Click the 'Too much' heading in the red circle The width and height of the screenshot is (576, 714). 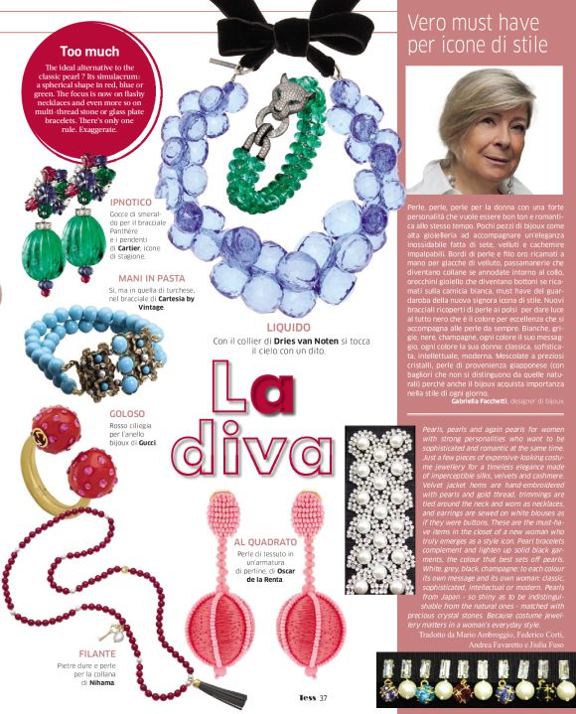pos(89,51)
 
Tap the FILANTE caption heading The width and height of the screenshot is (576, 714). pos(95,653)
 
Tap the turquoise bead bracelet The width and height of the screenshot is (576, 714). pos(94,348)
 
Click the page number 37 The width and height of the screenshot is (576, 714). pos(323,698)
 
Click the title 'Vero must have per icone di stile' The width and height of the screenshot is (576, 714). pos(487,36)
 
